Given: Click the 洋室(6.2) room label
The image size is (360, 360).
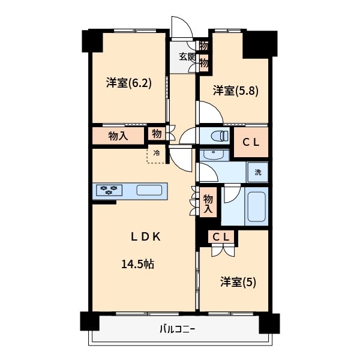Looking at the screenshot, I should (129, 83).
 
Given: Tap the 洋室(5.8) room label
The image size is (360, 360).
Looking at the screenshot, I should (236, 91).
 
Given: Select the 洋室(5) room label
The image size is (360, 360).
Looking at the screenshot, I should (238, 281).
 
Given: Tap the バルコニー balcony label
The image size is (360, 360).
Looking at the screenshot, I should (178, 329).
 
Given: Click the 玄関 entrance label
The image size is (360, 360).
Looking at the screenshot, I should (187, 57).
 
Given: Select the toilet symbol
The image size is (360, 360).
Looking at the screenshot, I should (217, 136).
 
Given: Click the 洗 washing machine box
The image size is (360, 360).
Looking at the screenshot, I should (258, 172).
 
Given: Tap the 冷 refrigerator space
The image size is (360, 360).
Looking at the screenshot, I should (157, 154).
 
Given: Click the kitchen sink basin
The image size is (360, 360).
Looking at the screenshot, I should (149, 191).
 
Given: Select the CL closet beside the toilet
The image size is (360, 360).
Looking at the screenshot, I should (250, 142).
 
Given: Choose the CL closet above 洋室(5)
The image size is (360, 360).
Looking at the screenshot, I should (221, 237).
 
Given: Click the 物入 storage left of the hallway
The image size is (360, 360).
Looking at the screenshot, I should (118, 136).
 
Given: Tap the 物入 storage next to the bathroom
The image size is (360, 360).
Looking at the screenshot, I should (208, 203).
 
